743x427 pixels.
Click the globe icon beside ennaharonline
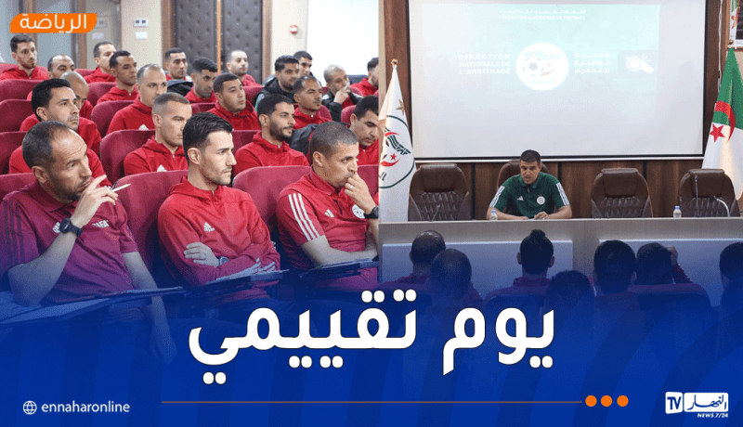pos(30,408)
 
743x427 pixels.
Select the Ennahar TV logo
pos(696,403)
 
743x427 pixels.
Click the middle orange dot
pos(606,401)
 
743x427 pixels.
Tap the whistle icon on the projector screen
pos(639,63)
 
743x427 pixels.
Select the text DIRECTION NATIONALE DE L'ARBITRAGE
pos(484,64)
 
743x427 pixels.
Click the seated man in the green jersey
pos(529,187)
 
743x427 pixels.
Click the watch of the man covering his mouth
pos(371,213)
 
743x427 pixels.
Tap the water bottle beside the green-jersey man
pos(494,213)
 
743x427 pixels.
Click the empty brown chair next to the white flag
pos(438,189)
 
